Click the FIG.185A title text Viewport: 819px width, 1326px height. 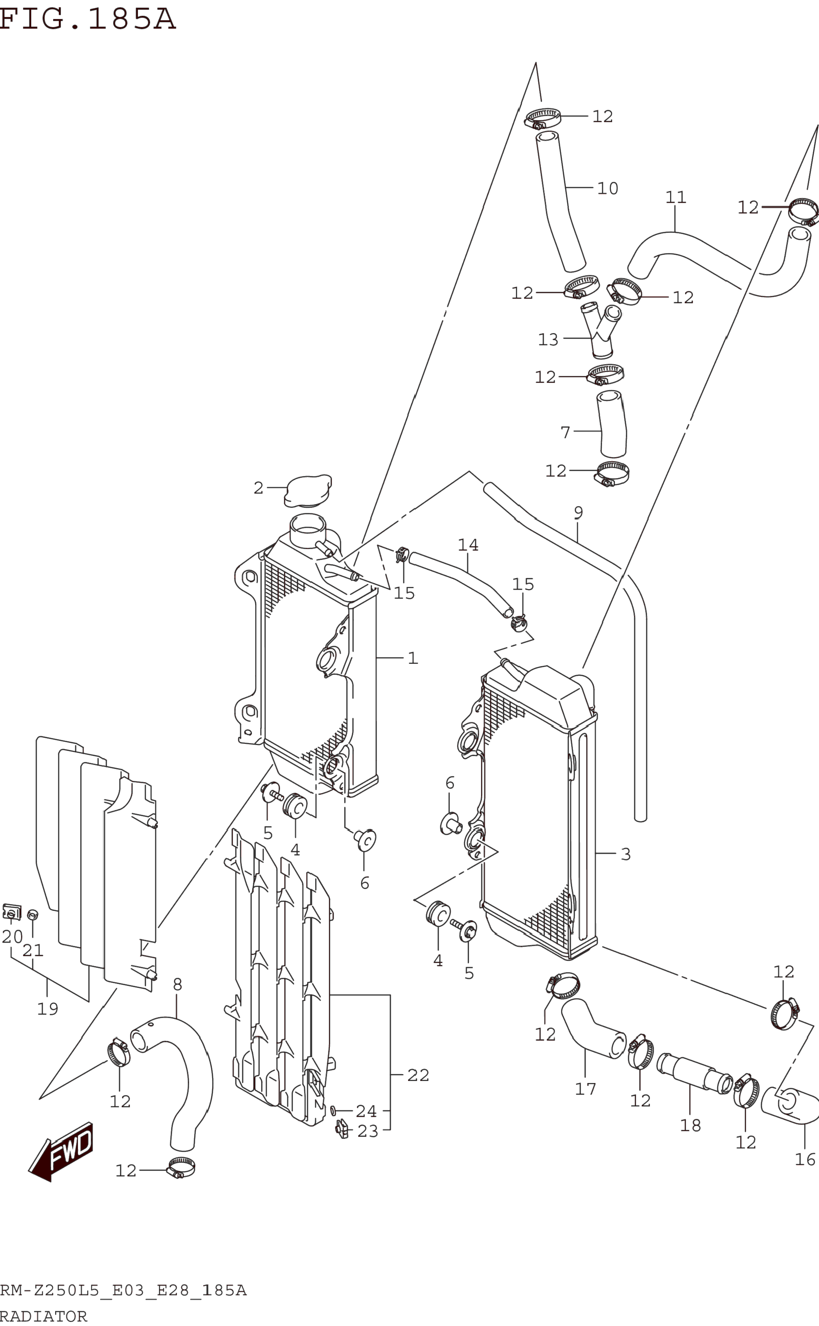pyautogui.click(x=88, y=19)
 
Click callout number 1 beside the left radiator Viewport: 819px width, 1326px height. pyautogui.click(x=413, y=658)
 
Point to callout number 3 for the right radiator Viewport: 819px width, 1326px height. pyautogui.click(x=626, y=854)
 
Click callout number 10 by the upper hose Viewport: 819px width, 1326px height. pyautogui.click(x=607, y=188)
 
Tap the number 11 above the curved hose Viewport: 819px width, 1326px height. pyautogui.click(x=675, y=197)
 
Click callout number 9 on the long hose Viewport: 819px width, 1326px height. pyautogui.click(x=578, y=512)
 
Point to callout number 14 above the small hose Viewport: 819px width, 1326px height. pyautogui.click(x=468, y=545)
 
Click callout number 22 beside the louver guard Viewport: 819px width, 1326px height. pyautogui.click(x=418, y=1075)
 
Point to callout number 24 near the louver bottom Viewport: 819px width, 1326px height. pyautogui.click(x=366, y=1111)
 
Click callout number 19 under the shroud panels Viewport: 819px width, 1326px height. pyautogui.click(x=47, y=1009)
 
